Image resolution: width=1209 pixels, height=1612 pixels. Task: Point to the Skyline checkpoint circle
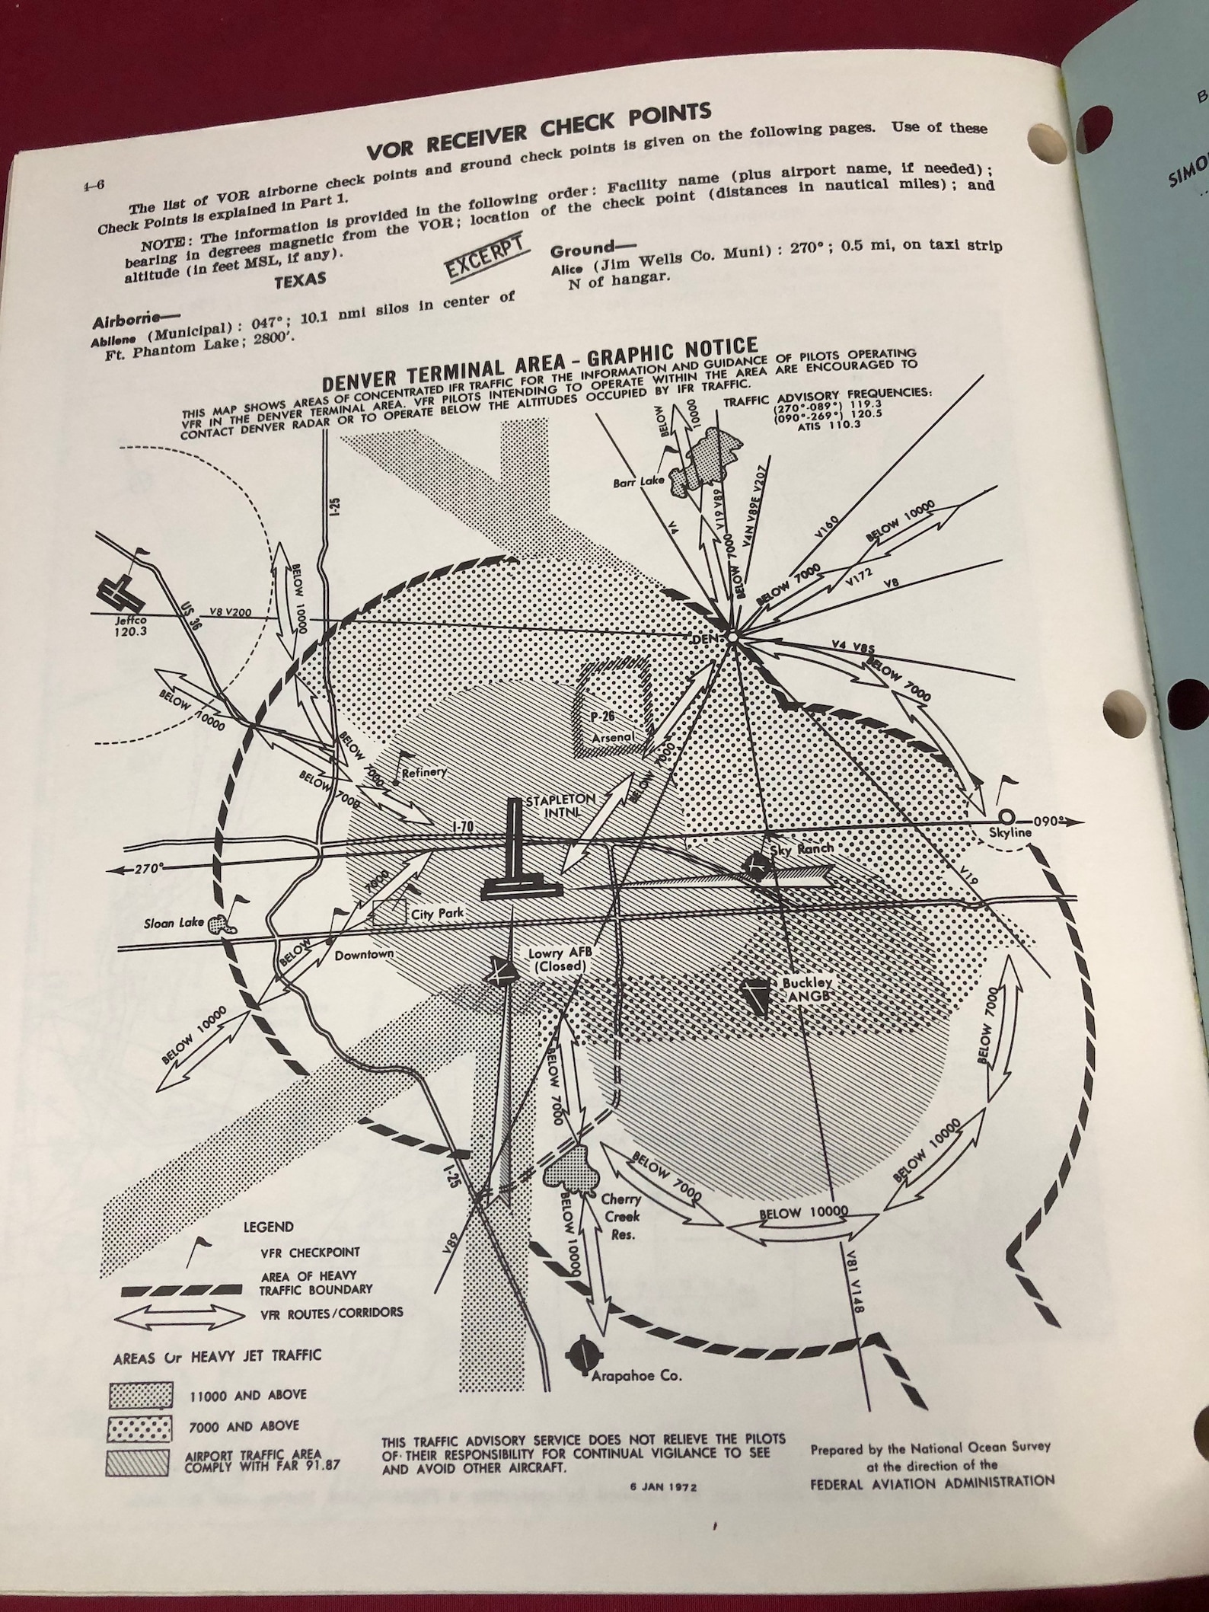coord(1007,817)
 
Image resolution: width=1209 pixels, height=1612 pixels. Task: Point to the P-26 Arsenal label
coord(613,727)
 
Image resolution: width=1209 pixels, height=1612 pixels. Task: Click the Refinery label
coord(423,772)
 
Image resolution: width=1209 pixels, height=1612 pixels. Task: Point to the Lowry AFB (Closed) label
coord(559,959)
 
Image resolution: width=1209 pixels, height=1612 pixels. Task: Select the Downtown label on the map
coord(364,954)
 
